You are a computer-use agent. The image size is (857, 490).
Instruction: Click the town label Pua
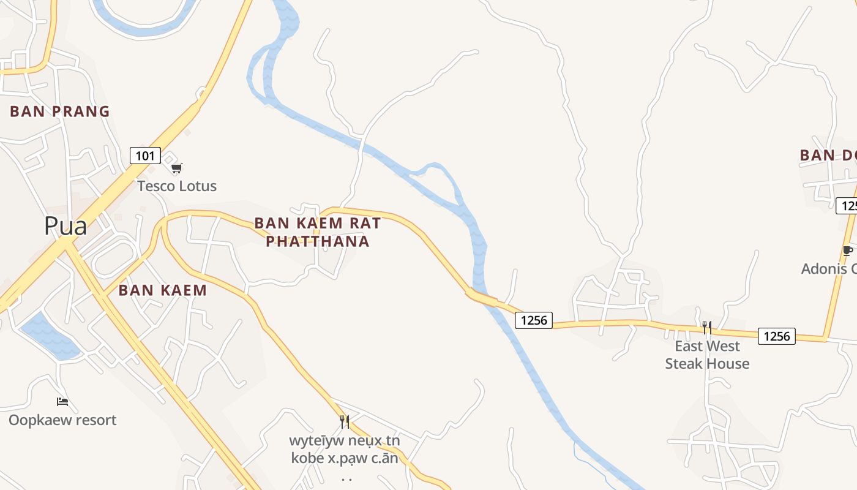(x=65, y=226)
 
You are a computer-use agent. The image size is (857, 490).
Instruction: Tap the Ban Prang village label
(x=60, y=111)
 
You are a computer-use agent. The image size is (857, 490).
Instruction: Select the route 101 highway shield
(x=145, y=156)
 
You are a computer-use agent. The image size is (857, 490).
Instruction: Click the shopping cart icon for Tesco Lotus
(x=177, y=168)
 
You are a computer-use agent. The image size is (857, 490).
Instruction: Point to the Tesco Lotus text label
(x=177, y=186)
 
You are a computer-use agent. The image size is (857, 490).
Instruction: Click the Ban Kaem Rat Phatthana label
(x=318, y=232)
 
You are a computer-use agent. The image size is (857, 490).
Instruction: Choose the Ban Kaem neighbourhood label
(x=163, y=290)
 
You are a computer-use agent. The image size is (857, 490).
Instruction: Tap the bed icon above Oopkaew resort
(x=62, y=402)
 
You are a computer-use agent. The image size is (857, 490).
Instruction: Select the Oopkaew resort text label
(x=62, y=420)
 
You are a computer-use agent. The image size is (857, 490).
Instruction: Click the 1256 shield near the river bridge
(x=534, y=320)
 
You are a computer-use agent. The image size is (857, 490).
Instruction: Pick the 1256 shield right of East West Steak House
(x=777, y=336)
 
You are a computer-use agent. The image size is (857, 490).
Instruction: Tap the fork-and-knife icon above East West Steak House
(x=706, y=328)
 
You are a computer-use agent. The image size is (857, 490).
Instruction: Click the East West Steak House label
(x=707, y=355)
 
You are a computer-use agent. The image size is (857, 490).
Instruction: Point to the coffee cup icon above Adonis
(x=847, y=251)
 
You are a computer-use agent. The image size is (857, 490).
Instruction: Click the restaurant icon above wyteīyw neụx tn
(x=345, y=421)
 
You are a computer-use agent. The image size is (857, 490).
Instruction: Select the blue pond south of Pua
(x=49, y=336)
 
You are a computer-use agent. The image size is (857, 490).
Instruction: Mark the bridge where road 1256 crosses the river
(x=481, y=297)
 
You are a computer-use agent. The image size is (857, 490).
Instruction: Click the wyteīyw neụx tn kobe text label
(x=345, y=450)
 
